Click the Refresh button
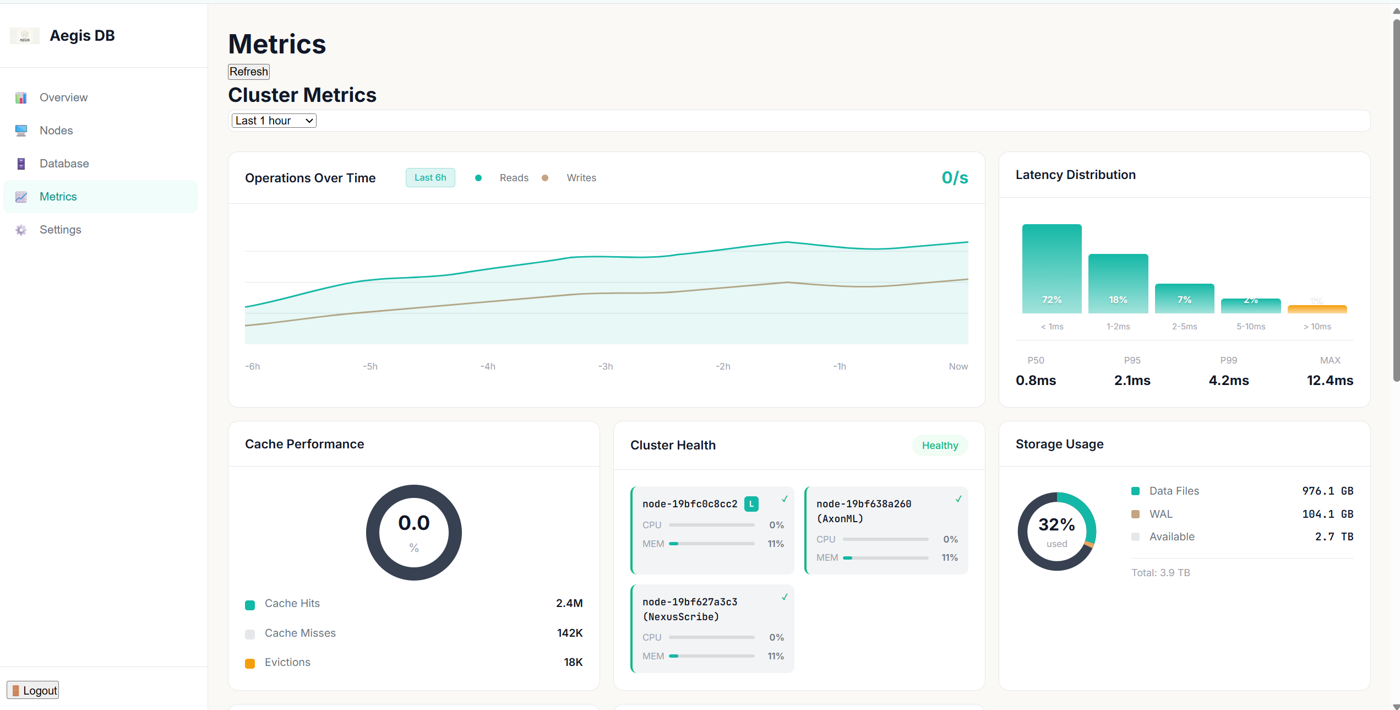[249, 72]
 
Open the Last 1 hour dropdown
[274, 121]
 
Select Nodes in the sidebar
[56, 131]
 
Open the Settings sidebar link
[60, 230]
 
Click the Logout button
[33, 690]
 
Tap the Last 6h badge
[430, 177]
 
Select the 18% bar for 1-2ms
[1118, 284]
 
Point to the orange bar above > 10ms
[1317, 309]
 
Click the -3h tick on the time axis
[605, 366]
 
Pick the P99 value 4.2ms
[1228, 380]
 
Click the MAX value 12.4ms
[1330, 380]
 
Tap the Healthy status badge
[940, 446]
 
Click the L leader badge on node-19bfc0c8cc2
[751, 504]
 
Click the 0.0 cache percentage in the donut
[413, 523]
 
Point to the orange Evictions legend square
[250, 663]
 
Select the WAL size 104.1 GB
[1327, 514]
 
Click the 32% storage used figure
[1056, 524]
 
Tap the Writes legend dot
[544, 178]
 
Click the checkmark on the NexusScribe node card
[785, 597]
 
